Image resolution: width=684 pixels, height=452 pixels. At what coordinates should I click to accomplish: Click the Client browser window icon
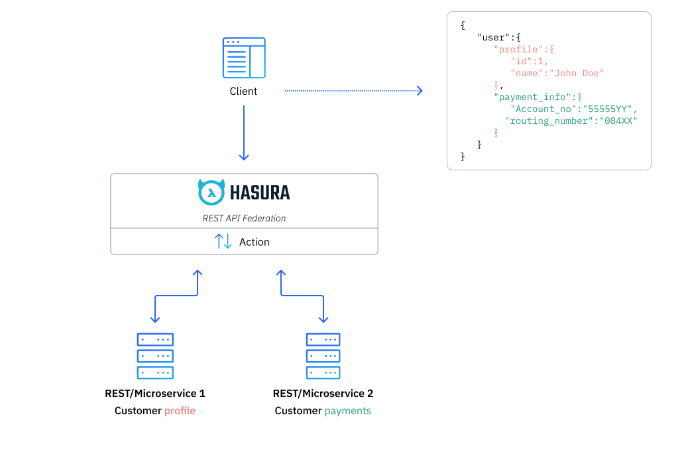[243, 58]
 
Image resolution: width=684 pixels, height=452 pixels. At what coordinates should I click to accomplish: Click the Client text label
[243, 91]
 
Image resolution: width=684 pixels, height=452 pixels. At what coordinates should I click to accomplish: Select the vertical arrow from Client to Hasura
[243, 133]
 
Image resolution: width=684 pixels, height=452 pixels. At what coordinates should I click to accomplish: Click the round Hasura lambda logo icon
[211, 192]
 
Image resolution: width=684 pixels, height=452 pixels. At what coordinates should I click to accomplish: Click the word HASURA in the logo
[260, 193]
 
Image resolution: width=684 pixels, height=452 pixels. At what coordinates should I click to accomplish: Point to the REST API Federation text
[244, 218]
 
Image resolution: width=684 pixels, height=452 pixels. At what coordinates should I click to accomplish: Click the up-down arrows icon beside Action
[223, 242]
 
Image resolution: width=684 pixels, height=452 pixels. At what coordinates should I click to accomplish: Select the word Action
[255, 242]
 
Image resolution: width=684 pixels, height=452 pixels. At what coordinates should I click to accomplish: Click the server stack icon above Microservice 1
[155, 356]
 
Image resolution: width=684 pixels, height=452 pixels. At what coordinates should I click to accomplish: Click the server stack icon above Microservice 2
[323, 356]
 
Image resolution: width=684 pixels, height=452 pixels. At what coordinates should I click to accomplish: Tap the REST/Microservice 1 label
[155, 394]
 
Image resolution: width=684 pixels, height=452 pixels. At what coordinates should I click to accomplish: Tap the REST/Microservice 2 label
[323, 394]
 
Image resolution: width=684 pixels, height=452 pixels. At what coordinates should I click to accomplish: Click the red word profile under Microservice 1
[180, 411]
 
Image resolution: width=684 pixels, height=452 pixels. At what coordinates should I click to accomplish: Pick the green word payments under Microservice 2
[347, 411]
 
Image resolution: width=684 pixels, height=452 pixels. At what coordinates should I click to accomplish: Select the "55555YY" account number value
[608, 109]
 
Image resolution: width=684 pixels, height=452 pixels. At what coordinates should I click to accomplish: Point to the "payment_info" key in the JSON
[528, 97]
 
